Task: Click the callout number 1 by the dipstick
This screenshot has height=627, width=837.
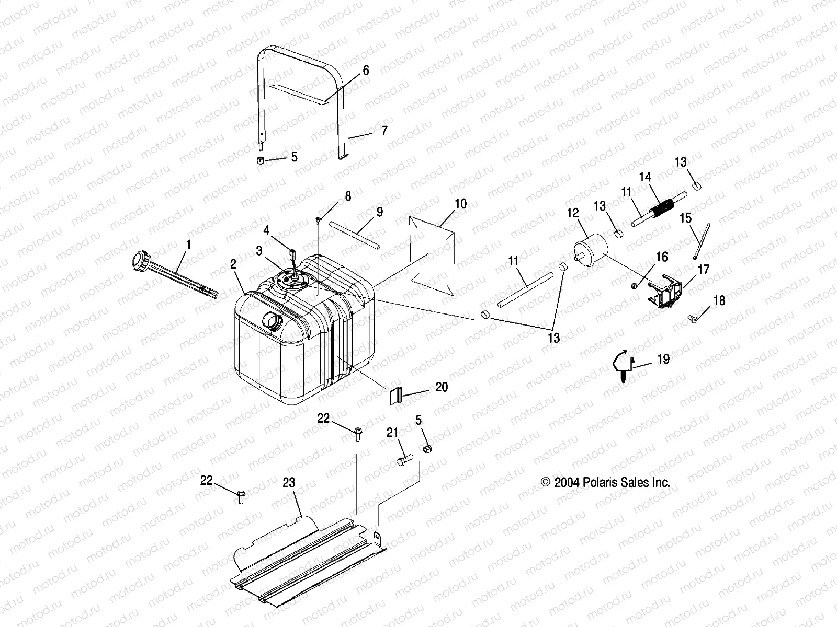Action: [x=188, y=244]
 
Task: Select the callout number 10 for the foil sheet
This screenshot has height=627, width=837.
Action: [x=460, y=204]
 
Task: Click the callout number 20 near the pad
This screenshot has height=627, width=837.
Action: [x=442, y=387]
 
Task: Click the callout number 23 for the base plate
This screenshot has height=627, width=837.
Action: [x=290, y=483]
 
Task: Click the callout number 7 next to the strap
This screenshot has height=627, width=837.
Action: [x=384, y=131]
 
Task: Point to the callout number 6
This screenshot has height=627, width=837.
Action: [x=366, y=70]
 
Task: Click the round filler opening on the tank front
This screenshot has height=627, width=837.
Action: [x=273, y=320]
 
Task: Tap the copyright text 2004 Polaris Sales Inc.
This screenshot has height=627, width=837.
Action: [x=605, y=483]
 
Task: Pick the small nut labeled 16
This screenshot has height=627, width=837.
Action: [x=634, y=285]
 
